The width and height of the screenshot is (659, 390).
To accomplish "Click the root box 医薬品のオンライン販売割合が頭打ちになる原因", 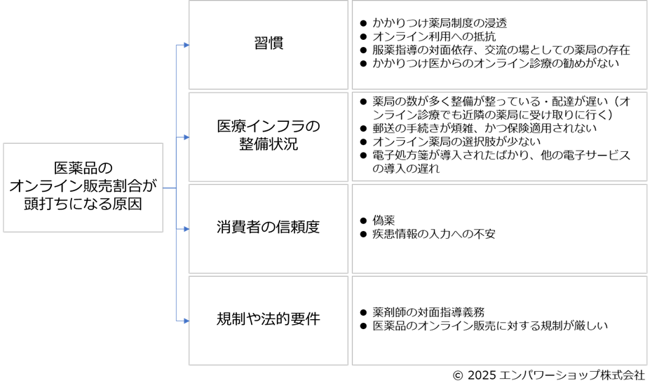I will (x=83, y=187).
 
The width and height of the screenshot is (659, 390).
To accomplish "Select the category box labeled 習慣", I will (x=269, y=43).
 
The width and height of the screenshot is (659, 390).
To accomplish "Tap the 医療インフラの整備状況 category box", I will (x=269, y=136).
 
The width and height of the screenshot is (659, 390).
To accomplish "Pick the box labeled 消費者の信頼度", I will (x=269, y=228).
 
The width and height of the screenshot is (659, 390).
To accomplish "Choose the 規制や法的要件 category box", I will (x=269, y=320).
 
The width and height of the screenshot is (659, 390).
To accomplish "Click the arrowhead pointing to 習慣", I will (x=186, y=45).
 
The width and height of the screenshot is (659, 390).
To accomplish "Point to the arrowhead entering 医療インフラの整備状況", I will (x=186, y=137).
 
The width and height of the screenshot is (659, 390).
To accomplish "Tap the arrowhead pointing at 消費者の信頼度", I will (x=186, y=229).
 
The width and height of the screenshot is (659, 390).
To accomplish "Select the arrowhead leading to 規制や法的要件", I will (x=186, y=321).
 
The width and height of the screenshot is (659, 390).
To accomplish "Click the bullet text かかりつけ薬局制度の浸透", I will (x=440, y=23).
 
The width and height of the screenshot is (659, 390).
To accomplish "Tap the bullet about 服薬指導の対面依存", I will (x=501, y=50).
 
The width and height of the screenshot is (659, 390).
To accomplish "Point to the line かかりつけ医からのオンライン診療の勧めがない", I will (x=496, y=63).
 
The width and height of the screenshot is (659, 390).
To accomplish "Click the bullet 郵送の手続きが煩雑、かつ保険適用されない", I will (x=484, y=128).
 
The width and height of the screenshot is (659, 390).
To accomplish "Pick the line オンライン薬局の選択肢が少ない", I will (x=456, y=141).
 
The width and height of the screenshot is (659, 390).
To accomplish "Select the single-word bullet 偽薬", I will (x=383, y=221).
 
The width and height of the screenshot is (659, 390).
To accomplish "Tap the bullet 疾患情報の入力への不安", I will (x=434, y=234).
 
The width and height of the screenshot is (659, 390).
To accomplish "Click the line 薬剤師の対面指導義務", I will (x=428, y=312).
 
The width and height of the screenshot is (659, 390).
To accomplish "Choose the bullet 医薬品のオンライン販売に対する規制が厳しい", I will (x=490, y=326).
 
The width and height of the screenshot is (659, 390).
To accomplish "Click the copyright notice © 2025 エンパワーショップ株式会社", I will (x=548, y=376).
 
